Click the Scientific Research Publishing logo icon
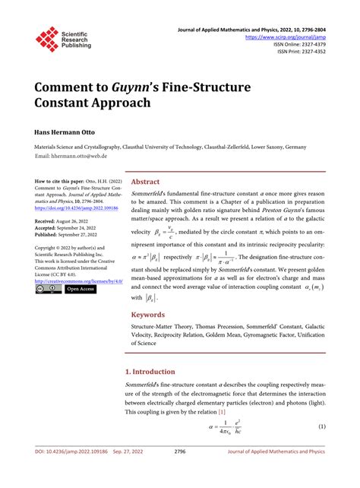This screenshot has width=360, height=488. (47, 39)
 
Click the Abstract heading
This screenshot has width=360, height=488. (146, 182)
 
